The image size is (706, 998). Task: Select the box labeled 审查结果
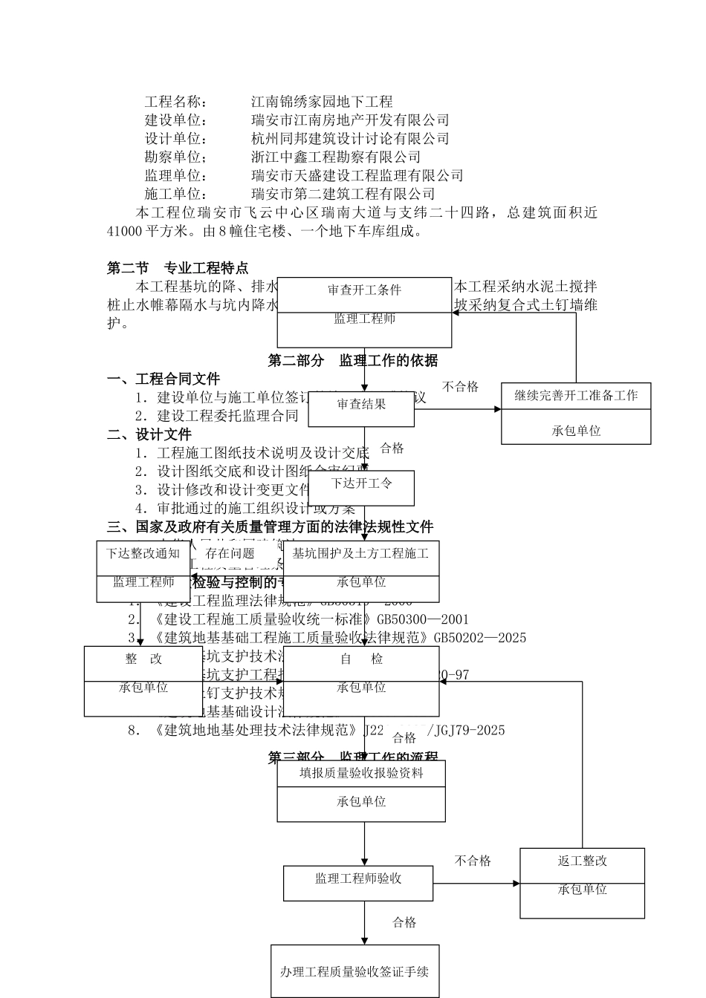[x=361, y=405]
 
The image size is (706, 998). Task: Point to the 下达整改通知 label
[x=143, y=554]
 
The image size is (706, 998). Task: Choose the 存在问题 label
[x=230, y=554]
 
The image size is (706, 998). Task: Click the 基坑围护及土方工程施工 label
[x=360, y=554]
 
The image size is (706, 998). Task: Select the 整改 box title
[x=143, y=659]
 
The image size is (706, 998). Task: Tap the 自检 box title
[x=361, y=659]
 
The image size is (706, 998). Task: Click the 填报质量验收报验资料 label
[x=361, y=773]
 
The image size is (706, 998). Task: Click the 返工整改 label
[x=582, y=861]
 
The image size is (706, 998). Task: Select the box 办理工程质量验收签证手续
[x=354, y=971]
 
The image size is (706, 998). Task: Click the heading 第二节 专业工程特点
[x=178, y=268]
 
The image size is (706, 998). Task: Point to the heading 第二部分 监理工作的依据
[x=353, y=361]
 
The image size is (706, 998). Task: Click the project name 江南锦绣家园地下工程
[x=322, y=102]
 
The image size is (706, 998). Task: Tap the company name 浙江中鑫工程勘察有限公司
[x=336, y=157]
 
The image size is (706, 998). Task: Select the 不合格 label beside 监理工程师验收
[x=473, y=861]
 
